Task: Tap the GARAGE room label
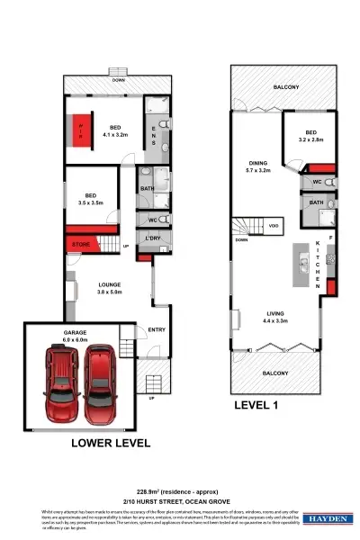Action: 74,332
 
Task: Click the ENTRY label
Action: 157,329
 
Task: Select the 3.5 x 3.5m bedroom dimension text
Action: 90,204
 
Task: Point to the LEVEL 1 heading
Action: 261,406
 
